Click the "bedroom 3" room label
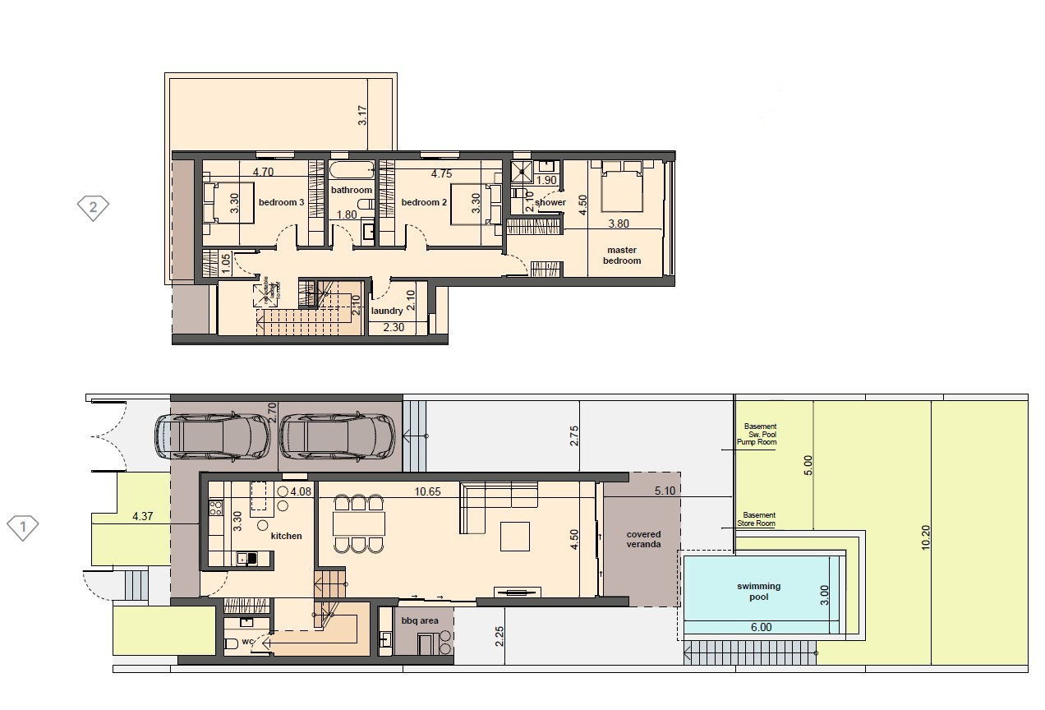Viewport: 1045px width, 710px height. coord(282,202)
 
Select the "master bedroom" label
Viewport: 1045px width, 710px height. coord(623,256)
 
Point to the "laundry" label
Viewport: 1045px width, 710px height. coord(387,311)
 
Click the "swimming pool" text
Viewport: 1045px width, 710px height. coord(759,592)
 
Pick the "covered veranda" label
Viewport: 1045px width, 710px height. coord(643,539)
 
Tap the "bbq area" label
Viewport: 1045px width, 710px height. coord(420,621)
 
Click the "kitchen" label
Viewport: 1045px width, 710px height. coord(287,536)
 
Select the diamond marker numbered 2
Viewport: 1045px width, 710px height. coord(93,207)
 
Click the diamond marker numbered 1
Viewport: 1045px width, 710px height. coord(23,527)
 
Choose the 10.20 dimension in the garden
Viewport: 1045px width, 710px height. coord(926,535)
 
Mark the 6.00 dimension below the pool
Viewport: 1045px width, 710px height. coord(761,627)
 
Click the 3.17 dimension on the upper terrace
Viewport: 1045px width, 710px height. coord(362,114)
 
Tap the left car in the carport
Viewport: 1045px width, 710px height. coord(213,436)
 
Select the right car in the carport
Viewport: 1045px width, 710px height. coord(338,436)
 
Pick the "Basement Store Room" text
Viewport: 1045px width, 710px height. coord(760,519)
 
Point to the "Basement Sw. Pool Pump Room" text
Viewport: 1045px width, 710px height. coord(760,435)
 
